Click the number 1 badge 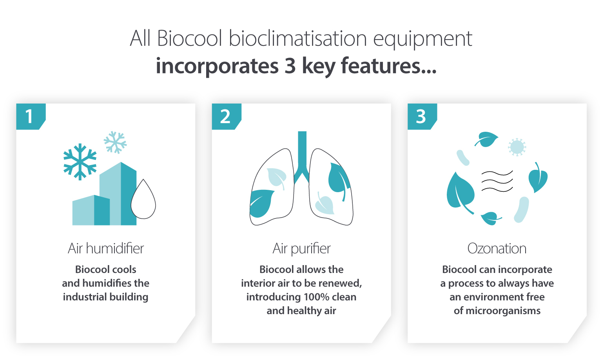pyautogui.click(x=30, y=116)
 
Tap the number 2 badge pyautogui.click(x=226, y=116)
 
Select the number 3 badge pyautogui.click(x=421, y=116)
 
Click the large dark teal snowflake pyautogui.click(x=80, y=162)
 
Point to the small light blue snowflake pyautogui.click(x=115, y=142)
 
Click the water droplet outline pyautogui.click(x=143, y=200)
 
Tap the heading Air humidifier pyautogui.click(x=106, y=248)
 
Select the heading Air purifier pyautogui.click(x=301, y=248)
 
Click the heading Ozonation pyautogui.click(x=497, y=248)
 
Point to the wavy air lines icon pyautogui.click(x=497, y=181)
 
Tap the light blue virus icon pyautogui.click(x=517, y=147)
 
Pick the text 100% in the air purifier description pyautogui.click(x=316, y=297)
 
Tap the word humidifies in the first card pyautogui.click(x=107, y=283)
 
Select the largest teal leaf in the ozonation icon pyautogui.click(x=460, y=192)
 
